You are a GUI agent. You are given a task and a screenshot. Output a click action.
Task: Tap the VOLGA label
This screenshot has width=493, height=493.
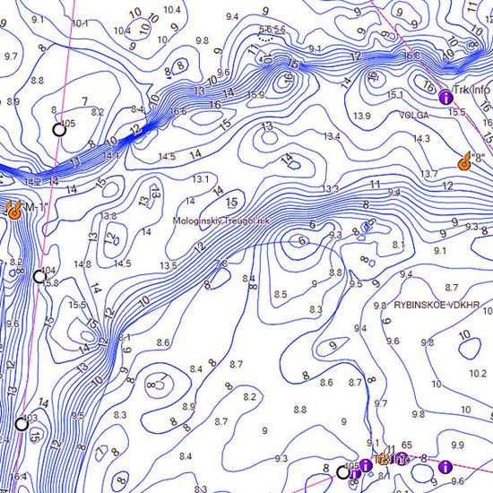[413, 115]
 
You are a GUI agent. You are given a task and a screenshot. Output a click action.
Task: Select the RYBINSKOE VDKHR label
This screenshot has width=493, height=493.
[437, 305]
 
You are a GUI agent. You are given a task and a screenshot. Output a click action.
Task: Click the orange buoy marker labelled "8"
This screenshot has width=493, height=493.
[465, 162]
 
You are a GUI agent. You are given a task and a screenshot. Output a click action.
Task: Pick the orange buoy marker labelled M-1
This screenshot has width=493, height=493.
[14, 209]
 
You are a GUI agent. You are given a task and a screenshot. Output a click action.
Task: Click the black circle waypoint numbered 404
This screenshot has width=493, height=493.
[39, 275]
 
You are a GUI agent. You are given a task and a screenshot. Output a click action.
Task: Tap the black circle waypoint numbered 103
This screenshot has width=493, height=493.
[21, 423]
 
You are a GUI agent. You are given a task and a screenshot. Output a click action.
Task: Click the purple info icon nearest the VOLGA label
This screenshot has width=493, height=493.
[444, 95]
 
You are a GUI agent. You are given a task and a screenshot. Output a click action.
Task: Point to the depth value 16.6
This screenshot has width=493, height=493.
[177, 112]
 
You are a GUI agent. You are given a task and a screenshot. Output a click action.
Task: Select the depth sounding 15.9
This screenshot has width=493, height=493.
[255, 94]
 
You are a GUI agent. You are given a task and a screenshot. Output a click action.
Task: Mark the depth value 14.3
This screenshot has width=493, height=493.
[422, 138]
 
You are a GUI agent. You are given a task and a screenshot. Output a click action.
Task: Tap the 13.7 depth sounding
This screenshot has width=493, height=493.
[428, 173]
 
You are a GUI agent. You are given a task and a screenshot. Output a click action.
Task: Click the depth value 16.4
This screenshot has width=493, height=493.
[18, 476]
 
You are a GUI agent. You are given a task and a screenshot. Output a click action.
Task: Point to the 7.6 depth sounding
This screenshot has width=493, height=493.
[221, 264]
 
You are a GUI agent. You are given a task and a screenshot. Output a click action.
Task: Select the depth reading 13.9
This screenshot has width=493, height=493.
[362, 117]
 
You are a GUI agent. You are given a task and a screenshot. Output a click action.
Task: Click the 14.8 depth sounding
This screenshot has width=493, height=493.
[82, 264]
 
